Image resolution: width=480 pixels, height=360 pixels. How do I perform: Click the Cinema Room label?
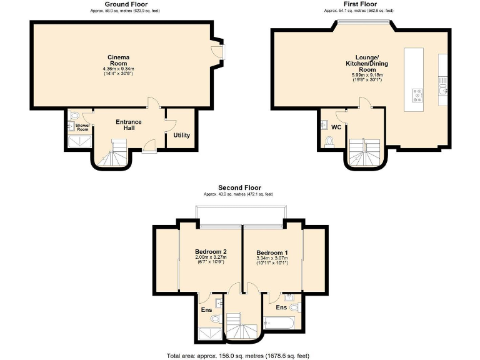[119, 60]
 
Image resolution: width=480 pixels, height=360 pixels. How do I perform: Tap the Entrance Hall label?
[129, 125]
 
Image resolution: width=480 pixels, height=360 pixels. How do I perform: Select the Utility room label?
[182, 135]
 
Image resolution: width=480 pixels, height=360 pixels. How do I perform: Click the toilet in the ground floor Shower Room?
[74, 116]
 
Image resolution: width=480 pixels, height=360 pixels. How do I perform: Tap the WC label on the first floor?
[336, 127]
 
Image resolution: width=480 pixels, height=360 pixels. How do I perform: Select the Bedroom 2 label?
[211, 251]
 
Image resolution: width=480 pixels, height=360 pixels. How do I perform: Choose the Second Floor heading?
[239, 187]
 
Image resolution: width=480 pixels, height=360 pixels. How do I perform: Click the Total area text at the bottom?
[238, 355]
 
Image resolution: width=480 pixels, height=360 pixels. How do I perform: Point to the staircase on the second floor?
[242, 325]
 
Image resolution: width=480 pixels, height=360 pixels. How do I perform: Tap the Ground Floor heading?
[126, 4]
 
